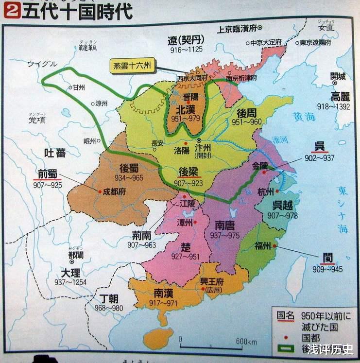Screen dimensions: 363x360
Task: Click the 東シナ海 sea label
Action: point(342,204)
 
